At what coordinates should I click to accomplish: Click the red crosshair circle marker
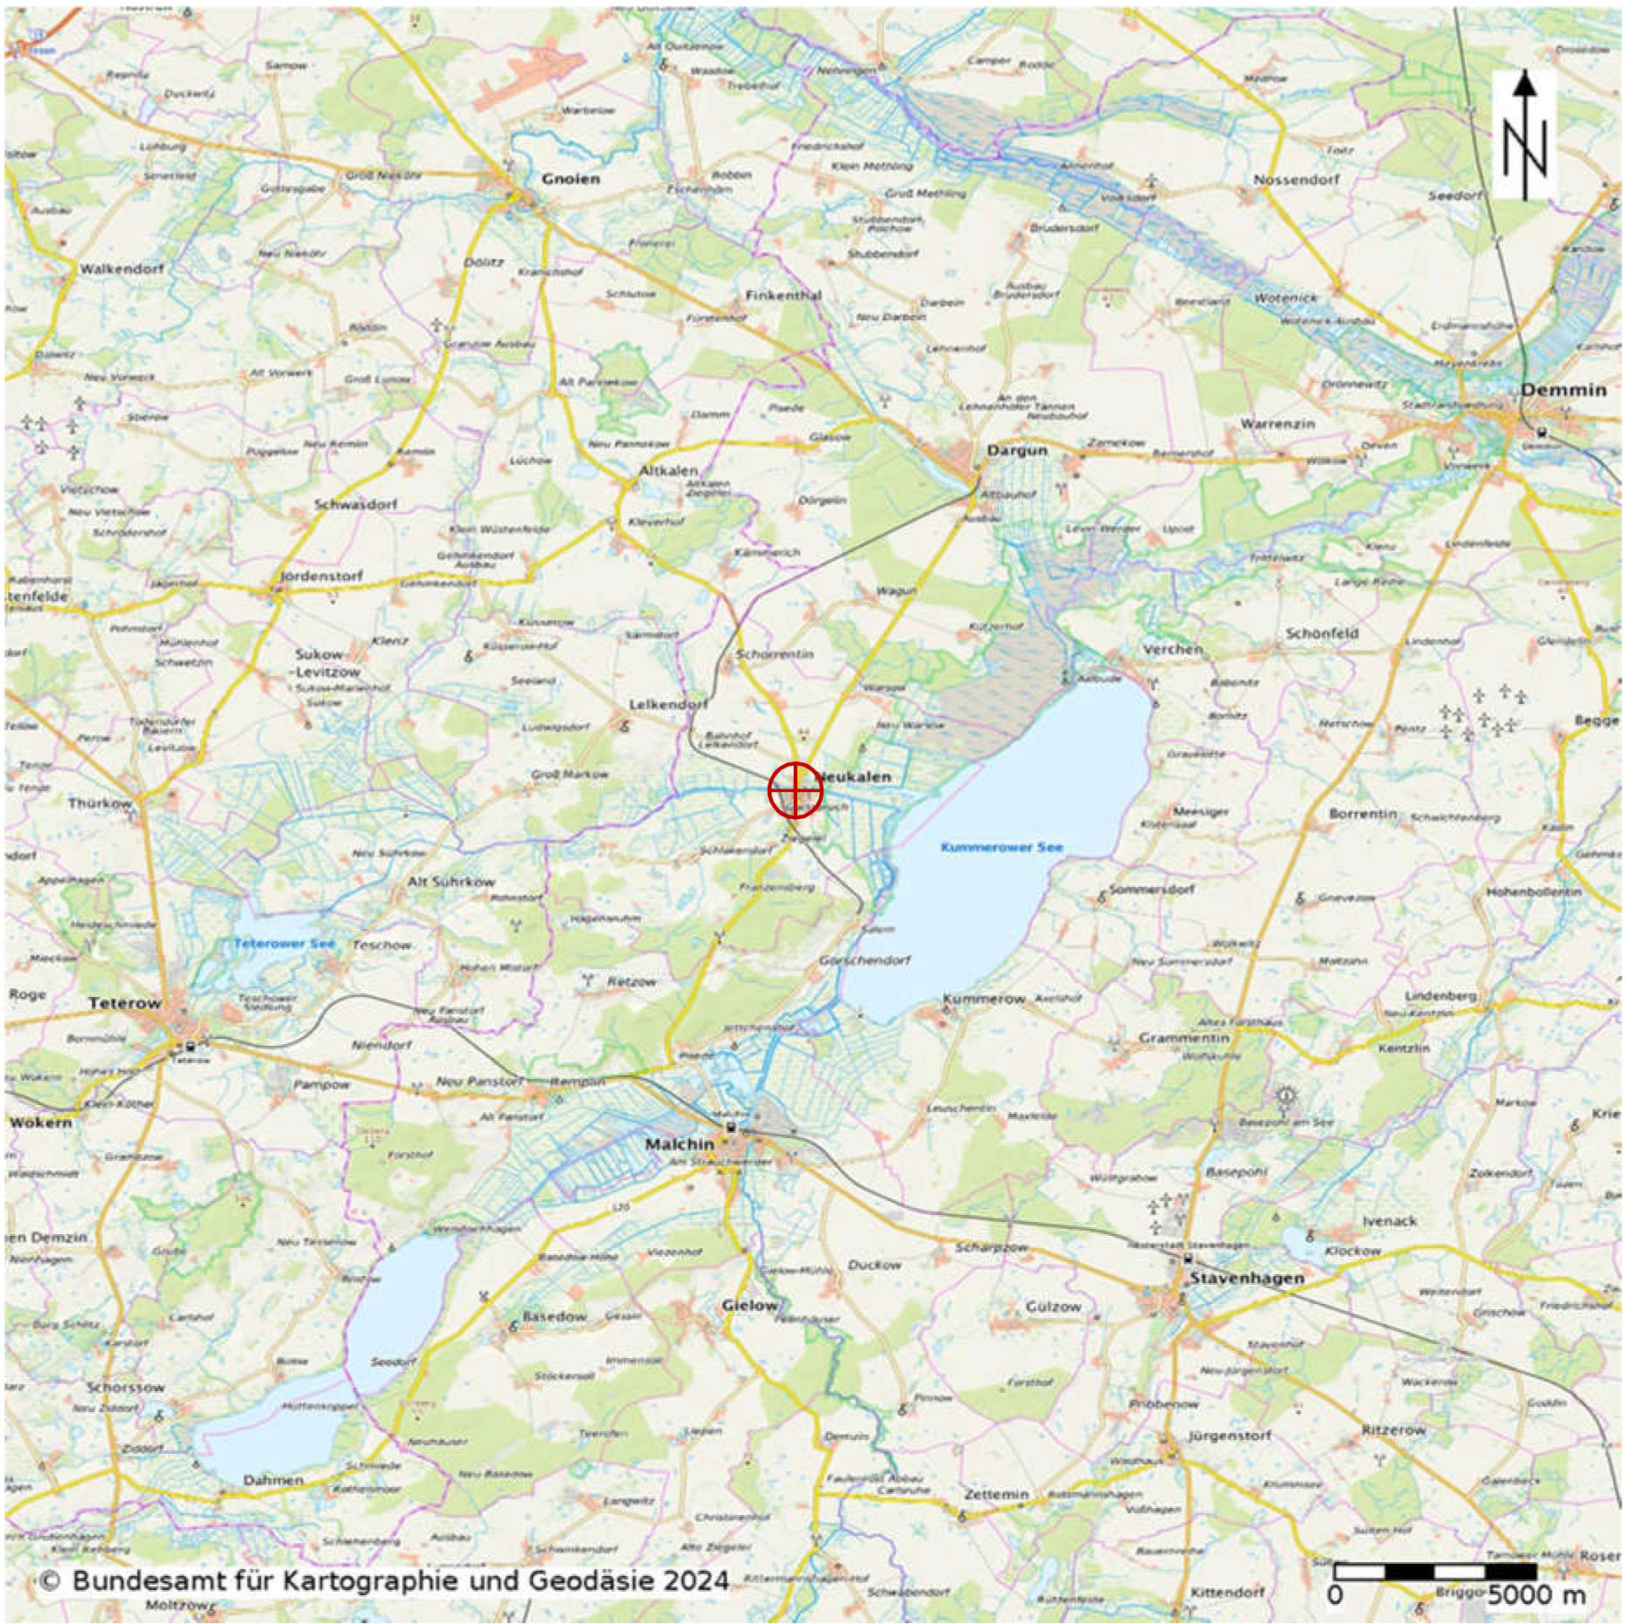coord(795,789)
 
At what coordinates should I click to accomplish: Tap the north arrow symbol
coord(1524,135)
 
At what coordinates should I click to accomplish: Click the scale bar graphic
coord(1434,1571)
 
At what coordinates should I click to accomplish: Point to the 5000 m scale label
coord(1536,1595)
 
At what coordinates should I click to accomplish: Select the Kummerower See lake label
coord(1001,847)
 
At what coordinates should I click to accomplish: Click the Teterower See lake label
coord(284,944)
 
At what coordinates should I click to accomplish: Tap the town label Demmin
coord(1563,390)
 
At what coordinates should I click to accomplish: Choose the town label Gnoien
coord(571,179)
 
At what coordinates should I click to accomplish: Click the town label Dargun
coord(1017,450)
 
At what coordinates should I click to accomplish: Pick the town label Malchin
coord(680,1143)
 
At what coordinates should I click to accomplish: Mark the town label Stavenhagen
coord(1247,1278)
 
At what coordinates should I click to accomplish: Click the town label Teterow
coord(125,1003)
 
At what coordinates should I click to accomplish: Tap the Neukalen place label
coord(858,776)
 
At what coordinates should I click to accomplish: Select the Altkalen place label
coord(668,470)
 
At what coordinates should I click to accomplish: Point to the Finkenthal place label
coord(783,296)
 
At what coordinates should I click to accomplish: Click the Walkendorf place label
coord(121,269)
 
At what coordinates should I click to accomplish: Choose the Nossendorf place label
coord(1296,180)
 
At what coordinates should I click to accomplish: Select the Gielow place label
coord(749,1305)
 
